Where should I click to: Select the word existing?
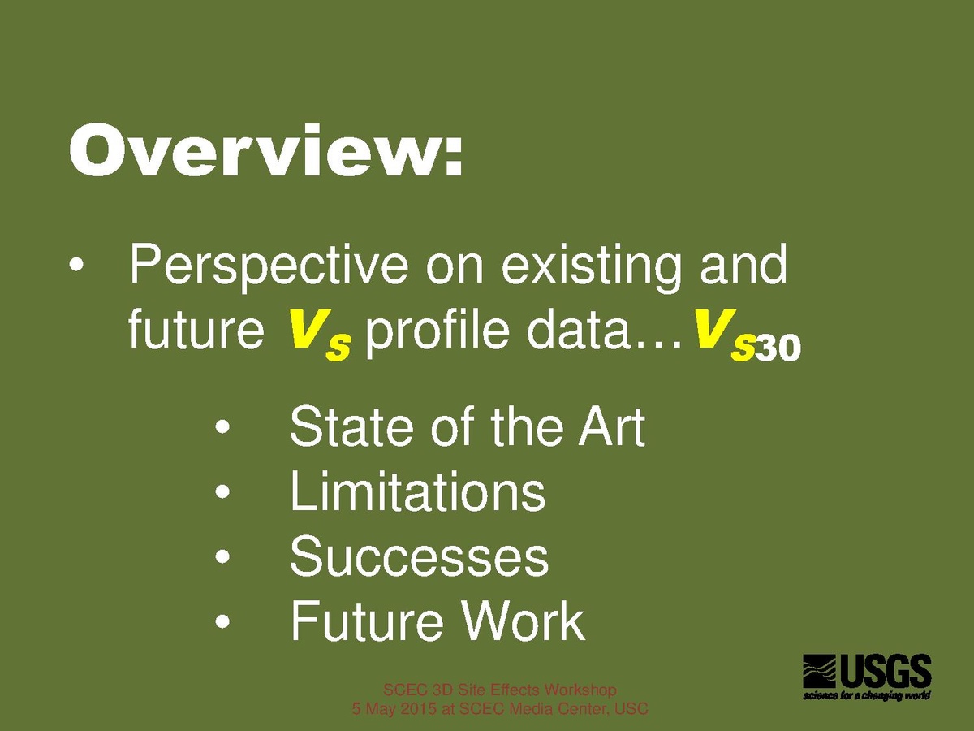pos(591,267)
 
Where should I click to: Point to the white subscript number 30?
pos(778,348)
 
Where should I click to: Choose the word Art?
pos(611,426)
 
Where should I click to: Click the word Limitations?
pos(417,491)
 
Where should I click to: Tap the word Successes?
pos(420,556)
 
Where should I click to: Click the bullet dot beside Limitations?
pos(222,491)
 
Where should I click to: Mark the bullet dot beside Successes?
pos(222,557)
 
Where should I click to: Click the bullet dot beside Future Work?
pos(222,621)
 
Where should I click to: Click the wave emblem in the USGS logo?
pos(819,671)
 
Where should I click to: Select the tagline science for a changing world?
pos(866,695)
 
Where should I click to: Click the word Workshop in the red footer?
pos(580,690)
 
